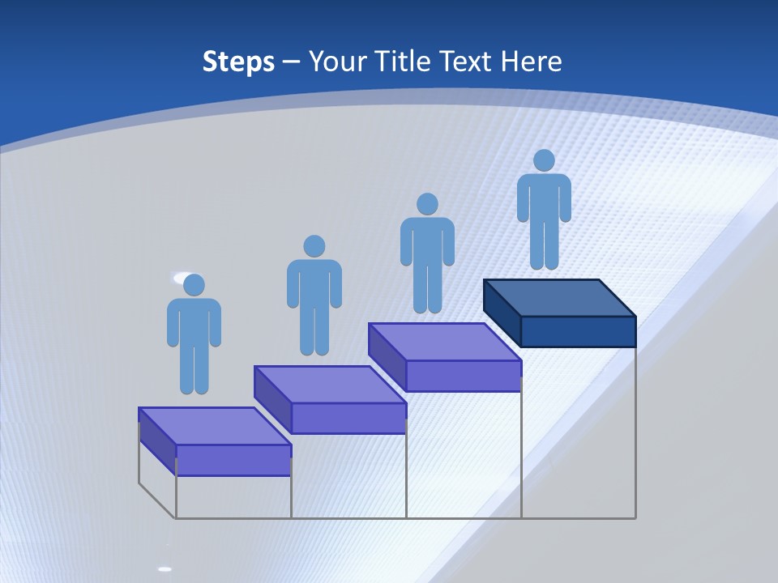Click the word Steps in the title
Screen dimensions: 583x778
238,62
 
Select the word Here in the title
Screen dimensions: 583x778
531,62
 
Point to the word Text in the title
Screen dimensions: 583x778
466,62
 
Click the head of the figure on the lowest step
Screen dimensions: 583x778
194,285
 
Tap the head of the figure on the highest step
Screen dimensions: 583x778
544,160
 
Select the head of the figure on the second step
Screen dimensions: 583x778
314,246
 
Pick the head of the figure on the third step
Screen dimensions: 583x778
427,204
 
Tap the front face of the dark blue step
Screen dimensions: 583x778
578,331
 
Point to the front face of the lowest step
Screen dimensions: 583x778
233,460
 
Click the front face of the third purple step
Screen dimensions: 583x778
463,376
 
